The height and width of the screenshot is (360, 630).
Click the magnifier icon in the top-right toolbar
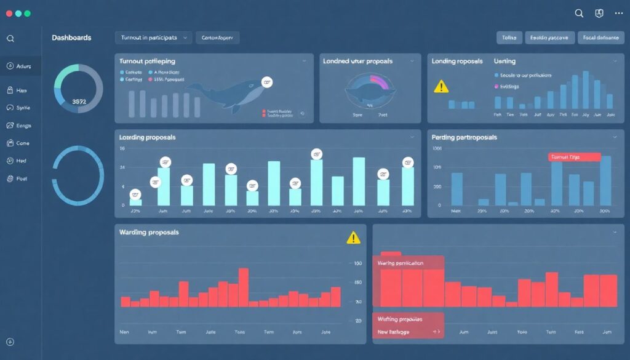pyautogui.click(x=579, y=13)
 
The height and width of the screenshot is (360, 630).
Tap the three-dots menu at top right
pyautogui.click(x=619, y=13)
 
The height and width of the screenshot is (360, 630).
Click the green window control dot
pyautogui.click(x=28, y=13)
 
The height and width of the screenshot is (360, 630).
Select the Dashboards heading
pyautogui.click(x=71, y=38)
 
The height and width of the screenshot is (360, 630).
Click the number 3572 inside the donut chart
pyautogui.click(x=79, y=102)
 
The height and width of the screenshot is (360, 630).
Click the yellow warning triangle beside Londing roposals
pyautogui.click(x=441, y=87)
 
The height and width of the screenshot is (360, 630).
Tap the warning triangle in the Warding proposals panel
pyautogui.click(x=353, y=238)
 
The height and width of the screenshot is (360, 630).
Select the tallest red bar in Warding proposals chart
pyautogui.click(x=244, y=287)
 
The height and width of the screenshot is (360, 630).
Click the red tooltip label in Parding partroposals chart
pyautogui.click(x=573, y=157)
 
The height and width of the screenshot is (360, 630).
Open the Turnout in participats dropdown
pyautogui.click(x=153, y=38)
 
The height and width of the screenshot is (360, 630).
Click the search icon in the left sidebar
pyautogui.click(x=10, y=38)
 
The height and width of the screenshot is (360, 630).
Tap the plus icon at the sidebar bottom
pyautogui.click(x=10, y=342)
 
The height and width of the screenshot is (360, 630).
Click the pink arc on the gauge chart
pyautogui.click(x=378, y=82)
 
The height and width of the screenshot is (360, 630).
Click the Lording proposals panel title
pyautogui.click(x=147, y=137)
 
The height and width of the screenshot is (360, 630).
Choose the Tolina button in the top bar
pyautogui.click(x=509, y=38)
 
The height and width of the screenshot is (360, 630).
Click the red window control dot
pyautogui.click(x=8, y=13)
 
